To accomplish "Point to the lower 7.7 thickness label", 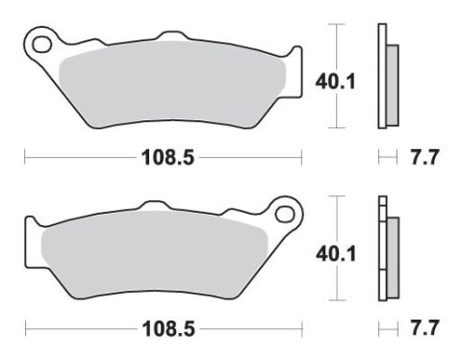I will [x=424, y=329].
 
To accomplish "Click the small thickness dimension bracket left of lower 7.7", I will [x=387, y=329].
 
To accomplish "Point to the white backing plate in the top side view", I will [x=382, y=75].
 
